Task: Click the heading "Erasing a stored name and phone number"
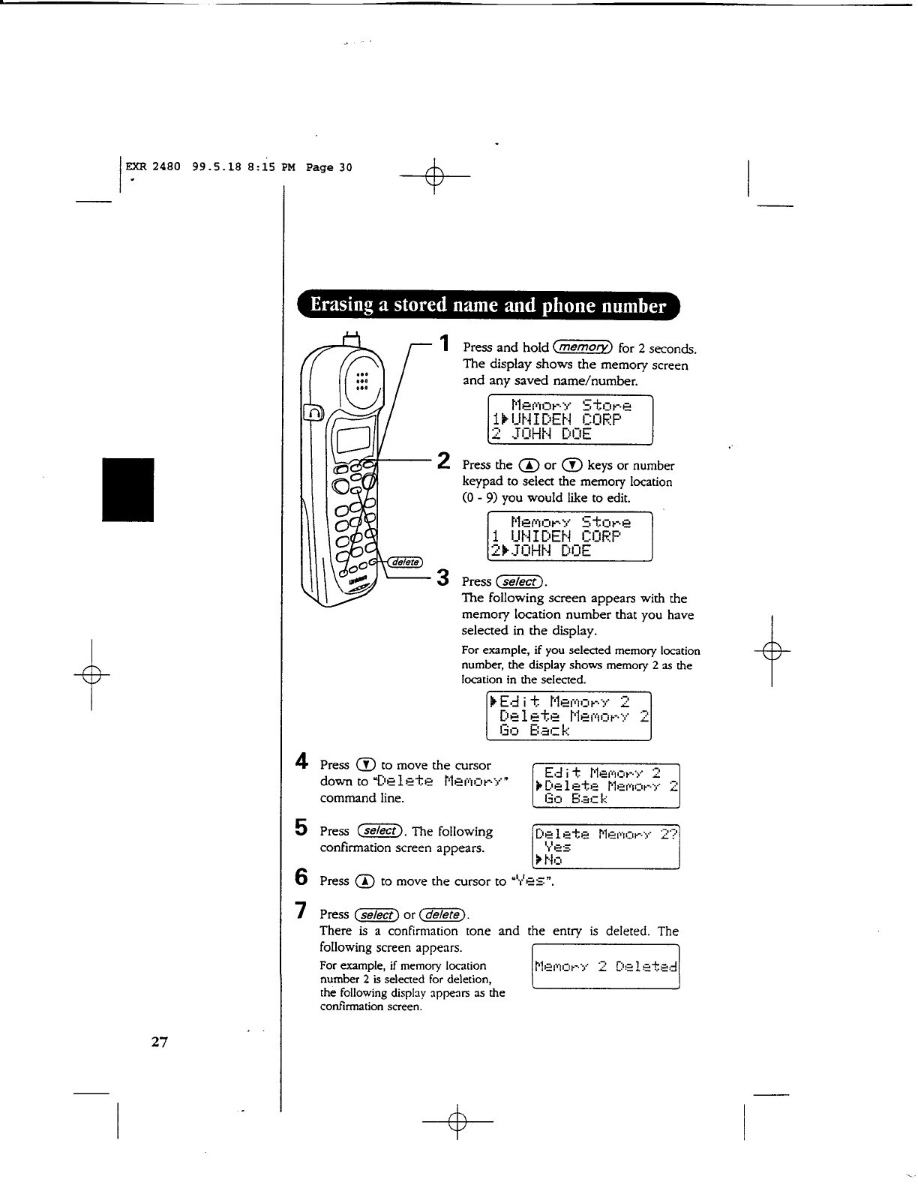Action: click(x=487, y=305)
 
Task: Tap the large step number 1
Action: click(x=445, y=343)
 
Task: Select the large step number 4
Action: click(x=301, y=761)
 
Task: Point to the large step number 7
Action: click(x=301, y=910)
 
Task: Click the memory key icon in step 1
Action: click(x=583, y=347)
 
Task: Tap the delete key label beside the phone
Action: click(x=406, y=563)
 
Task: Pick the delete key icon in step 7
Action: click(x=443, y=914)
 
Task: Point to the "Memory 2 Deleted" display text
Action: click(x=605, y=967)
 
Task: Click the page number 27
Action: click(x=159, y=1041)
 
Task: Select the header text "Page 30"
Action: click(x=328, y=167)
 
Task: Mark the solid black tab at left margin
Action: click(x=128, y=489)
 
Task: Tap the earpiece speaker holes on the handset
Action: click(x=361, y=381)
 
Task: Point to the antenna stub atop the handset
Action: click(x=351, y=338)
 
